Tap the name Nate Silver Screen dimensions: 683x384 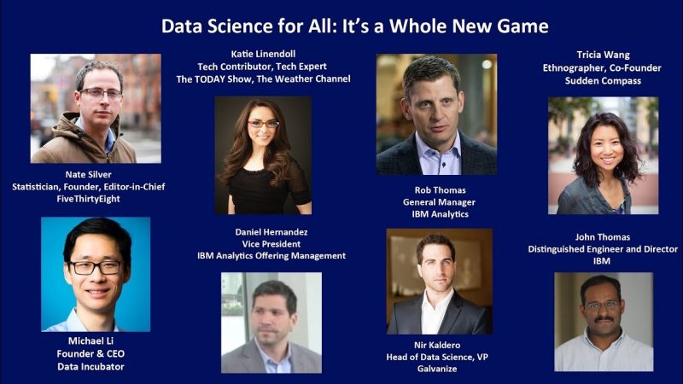coord(89,175)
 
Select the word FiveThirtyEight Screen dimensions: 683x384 coord(89,199)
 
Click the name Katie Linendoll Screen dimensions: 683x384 coord(263,54)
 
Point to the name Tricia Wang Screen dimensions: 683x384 coord(604,55)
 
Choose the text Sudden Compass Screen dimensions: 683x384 coord(603,80)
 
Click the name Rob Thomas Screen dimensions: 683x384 coord(440,190)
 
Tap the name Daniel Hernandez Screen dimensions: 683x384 coord(271,232)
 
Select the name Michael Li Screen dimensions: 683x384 coord(90,340)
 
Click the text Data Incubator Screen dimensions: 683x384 coord(90,367)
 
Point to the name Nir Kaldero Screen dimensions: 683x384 coord(437,346)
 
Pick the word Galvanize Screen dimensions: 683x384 coord(437,369)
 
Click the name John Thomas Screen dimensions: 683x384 coord(603,237)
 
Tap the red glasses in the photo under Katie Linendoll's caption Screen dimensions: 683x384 coord(263,124)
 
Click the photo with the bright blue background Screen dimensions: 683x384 coord(96,274)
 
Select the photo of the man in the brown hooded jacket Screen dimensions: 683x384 coord(96,108)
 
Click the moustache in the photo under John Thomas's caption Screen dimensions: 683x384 coord(604,319)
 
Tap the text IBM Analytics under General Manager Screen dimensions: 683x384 coord(440,214)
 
